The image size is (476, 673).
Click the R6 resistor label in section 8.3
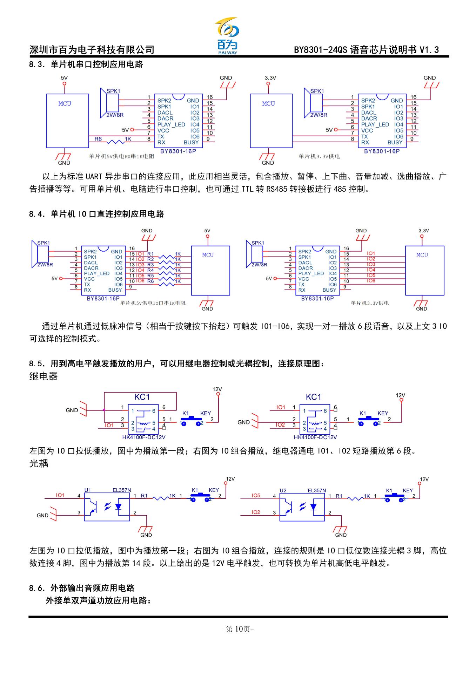click(x=98, y=139)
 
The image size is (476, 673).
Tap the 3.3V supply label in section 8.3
click(x=270, y=78)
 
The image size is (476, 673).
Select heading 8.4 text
click(x=96, y=214)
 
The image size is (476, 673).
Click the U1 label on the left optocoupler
click(x=87, y=490)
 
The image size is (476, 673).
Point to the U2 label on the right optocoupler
click(x=283, y=490)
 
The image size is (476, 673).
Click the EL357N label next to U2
click(x=316, y=490)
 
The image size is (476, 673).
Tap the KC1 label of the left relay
click(x=142, y=397)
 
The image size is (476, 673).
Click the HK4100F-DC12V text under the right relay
click(x=315, y=437)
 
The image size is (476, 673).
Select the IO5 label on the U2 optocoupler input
click(x=256, y=495)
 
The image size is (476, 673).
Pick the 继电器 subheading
click(x=43, y=376)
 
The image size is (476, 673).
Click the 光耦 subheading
click(x=39, y=463)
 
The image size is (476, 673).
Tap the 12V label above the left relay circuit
click(x=217, y=389)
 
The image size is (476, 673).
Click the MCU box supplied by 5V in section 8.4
click(x=210, y=270)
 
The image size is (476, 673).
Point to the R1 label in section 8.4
click(x=150, y=254)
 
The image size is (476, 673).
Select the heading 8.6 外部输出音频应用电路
click(x=82, y=588)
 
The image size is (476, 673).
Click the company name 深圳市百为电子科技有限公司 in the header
click(x=92, y=50)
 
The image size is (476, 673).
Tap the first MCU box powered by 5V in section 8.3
click(x=67, y=120)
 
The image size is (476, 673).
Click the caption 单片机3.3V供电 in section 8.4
click(x=369, y=303)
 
